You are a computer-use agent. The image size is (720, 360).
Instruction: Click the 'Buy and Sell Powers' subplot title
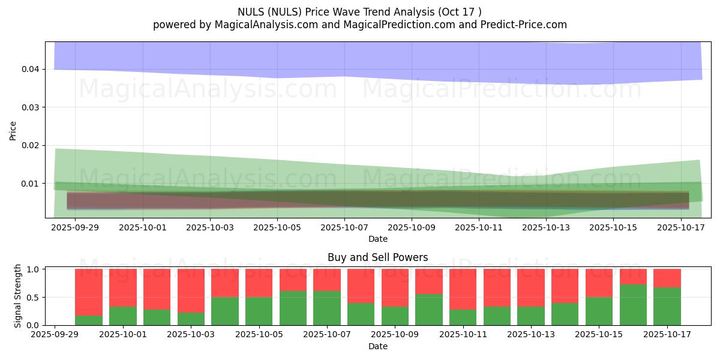(377, 257)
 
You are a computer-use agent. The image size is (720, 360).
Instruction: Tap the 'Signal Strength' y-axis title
(18, 296)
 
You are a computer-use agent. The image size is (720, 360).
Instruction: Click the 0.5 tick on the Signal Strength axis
(32, 298)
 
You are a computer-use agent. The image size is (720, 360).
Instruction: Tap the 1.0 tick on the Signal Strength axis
(32, 269)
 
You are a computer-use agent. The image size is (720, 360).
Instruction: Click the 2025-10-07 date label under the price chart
(344, 228)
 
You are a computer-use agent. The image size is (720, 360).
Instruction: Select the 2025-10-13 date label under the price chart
(546, 228)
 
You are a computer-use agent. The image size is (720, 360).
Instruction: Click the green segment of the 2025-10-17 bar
(667, 306)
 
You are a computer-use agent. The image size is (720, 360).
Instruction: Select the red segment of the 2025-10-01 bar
(122, 287)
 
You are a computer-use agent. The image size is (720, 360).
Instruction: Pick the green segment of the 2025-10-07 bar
(327, 308)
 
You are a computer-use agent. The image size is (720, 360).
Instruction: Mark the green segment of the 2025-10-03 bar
(191, 319)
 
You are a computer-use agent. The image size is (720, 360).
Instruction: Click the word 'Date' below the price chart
(377, 239)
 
